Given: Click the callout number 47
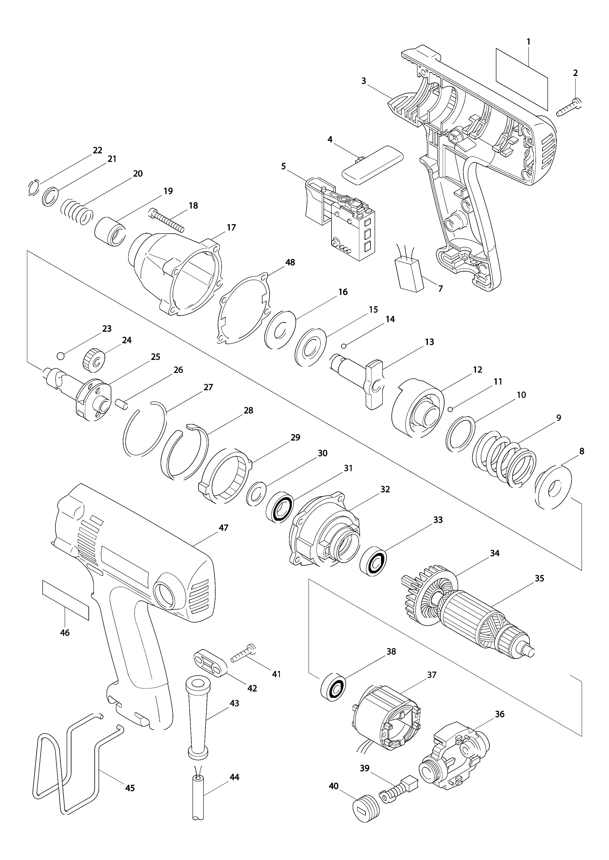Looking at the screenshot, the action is pos(223,528).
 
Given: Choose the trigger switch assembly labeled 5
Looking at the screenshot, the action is pos(341,219).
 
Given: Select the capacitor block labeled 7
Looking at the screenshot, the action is pos(410,274).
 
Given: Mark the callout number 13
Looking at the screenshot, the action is pos(429,342).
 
